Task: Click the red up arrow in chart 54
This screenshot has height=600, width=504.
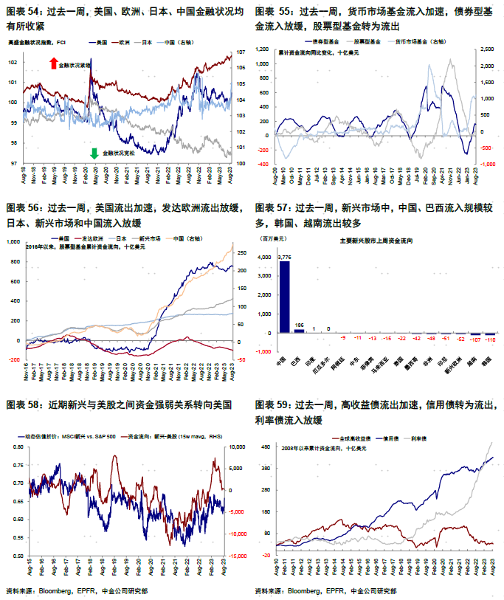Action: [x=53, y=64]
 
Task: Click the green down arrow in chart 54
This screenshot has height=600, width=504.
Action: [x=94, y=153]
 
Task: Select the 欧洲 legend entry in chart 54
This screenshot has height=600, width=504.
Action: [x=128, y=44]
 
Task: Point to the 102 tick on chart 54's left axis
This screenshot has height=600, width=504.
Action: [x=12, y=63]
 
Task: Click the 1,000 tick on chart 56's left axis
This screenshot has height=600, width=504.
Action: [x=13, y=241]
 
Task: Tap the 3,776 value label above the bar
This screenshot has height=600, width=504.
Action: [x=284, y=257]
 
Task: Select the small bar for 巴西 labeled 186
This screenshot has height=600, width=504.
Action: [x=299, y=331]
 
